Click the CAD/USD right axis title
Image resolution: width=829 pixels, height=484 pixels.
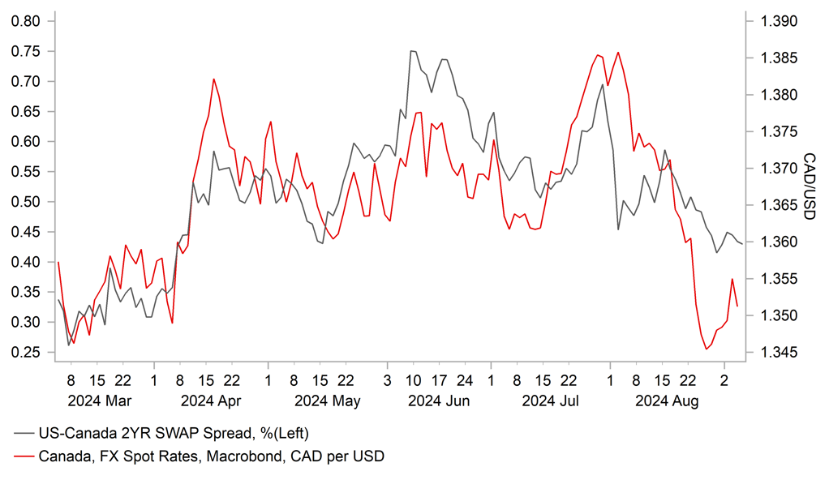pyautogui.click(x=809, y=186)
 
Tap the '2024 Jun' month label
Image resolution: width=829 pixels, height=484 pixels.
pyautogui.click(x=438, y=400)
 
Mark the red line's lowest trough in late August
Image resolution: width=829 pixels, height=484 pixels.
pyautogui.click(x=707, y=349)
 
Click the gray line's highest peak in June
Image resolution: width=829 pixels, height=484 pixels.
pyautogui.click(x=411, y=50)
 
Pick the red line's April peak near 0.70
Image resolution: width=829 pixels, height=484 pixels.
pyautogui.click(x=213, y=79)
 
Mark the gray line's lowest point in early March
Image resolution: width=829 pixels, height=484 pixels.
pyautogui.click(x=69, y=345)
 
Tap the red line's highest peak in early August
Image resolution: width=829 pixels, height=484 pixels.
pyautogui.click(x=618, y=53)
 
